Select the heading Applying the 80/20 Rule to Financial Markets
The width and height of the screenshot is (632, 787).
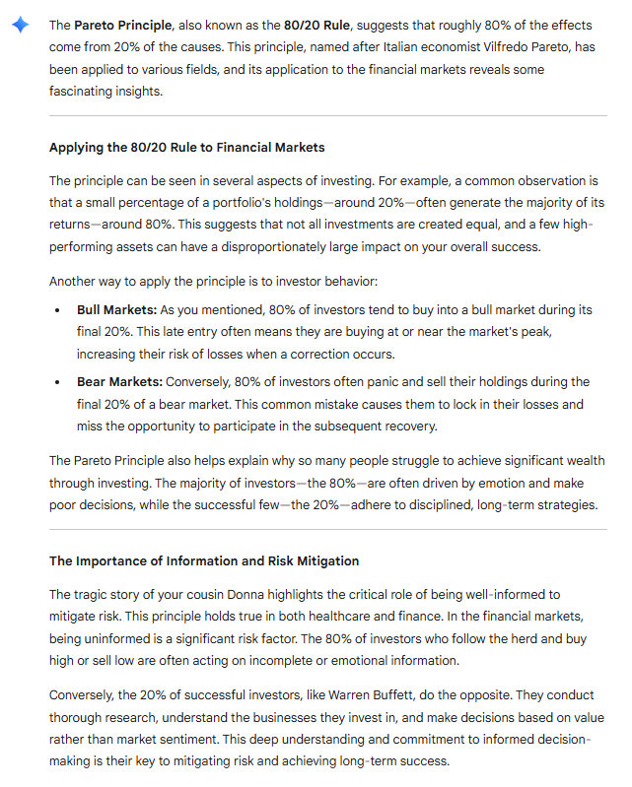click(187, 148)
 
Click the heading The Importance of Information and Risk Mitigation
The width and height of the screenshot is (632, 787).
click(204, 561)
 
